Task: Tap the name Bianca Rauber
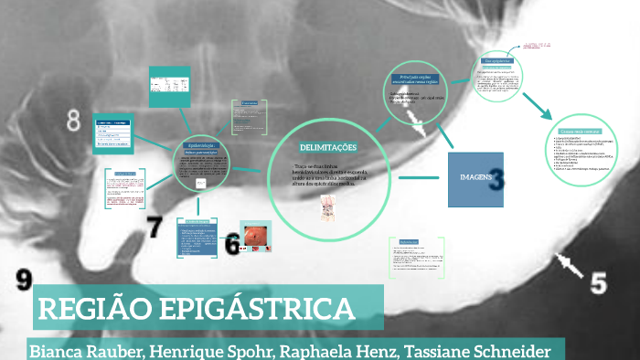coord(80,350)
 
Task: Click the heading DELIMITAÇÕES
coord(327,148)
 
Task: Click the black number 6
coord(232,242)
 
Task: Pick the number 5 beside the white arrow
coord(598,281)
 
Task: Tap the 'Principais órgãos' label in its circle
coord(418,79)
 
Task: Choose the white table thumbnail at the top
coord(169,85)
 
